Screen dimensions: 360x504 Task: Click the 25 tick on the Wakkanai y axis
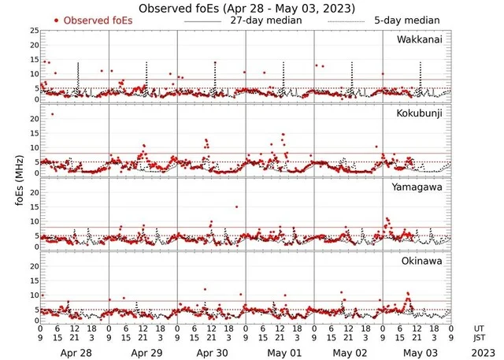click(x=34, y=31)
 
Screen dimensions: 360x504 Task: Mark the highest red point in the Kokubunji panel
click(x=52, y=114)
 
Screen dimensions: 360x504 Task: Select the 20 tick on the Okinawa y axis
click(x=34, y=265)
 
